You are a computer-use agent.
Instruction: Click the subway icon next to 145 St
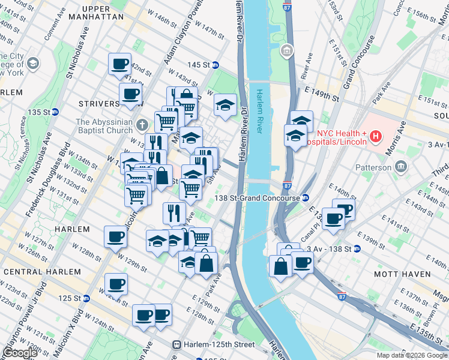point(215,65)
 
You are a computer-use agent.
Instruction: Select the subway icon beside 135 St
point(55,112)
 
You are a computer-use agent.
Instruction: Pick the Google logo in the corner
point(20,353)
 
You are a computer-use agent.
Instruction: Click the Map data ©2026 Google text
point(412,355)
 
